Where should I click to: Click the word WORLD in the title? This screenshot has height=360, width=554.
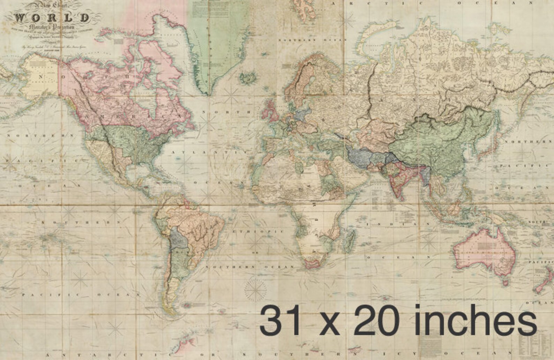point(52,18)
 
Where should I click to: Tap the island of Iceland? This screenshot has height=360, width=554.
point(248,77)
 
